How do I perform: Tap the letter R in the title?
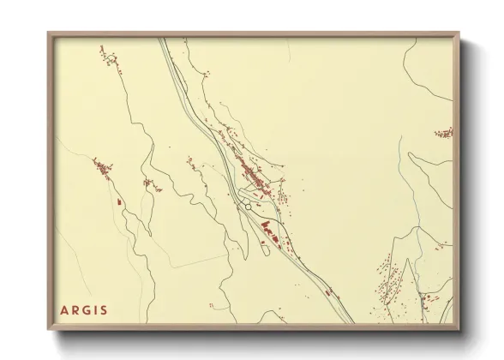pyautogui.click(x=75, y=309)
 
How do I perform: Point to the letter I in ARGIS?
pyautogui.click(x=96, y=309)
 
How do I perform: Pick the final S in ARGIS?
pyautogui.click(x=104, y=309)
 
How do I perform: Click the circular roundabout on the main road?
pyautogui.click(x=248, y=206)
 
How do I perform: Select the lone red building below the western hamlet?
pyautogui.click(x=118, y=201)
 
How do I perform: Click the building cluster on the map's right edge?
pyautogui.click(x=444, y=133)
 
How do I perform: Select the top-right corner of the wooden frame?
pyautogui.click(x=459, y=34)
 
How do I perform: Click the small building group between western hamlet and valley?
pyautogui.click(x=151, y=183)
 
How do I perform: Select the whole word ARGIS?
pyautogui.click(x=84, y=309)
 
